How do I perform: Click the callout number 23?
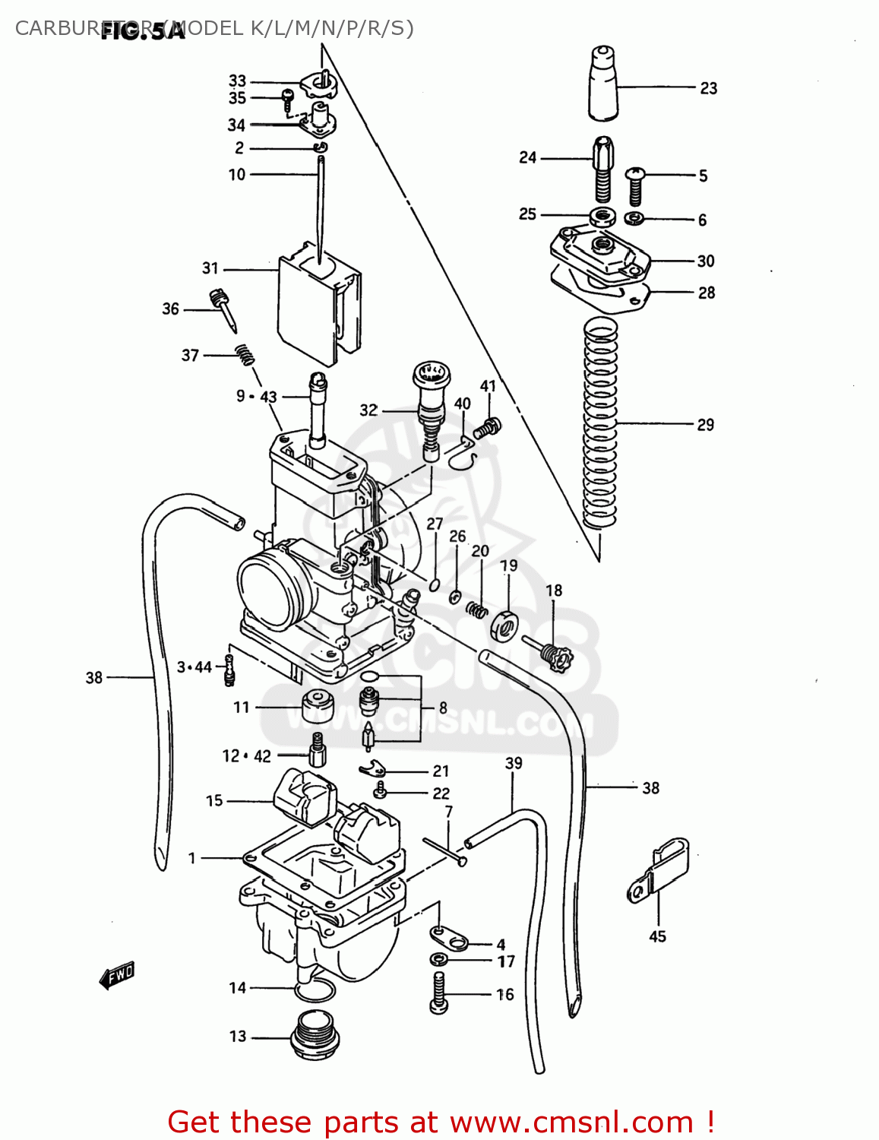[x=708, y=88]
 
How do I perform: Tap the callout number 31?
[x=210, y=268]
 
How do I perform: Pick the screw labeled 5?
[x=635, y=185]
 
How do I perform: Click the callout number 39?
[x=514, y=763]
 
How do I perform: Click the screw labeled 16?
[x=438, y=993]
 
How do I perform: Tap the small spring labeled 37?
[x=244, y=354]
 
